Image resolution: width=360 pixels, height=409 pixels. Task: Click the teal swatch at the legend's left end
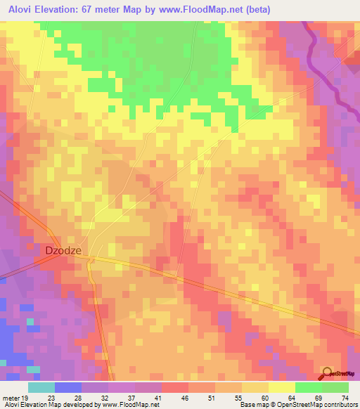point(41,387)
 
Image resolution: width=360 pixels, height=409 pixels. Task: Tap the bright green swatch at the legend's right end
point(335,387)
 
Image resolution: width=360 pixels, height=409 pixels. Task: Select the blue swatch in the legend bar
point(68,387)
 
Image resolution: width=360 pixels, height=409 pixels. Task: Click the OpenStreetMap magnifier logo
point(327,372)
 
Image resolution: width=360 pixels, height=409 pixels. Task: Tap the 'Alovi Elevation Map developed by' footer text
point(49,405)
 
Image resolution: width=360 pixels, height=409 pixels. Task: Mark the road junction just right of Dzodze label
point(91,259)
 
